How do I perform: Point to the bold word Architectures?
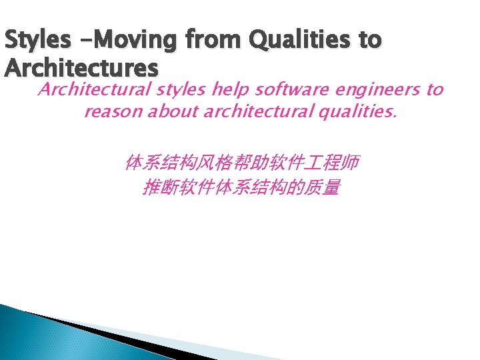pos(81,69)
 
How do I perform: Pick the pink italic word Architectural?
pos(83,89)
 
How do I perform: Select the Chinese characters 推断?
pos(156,189)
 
